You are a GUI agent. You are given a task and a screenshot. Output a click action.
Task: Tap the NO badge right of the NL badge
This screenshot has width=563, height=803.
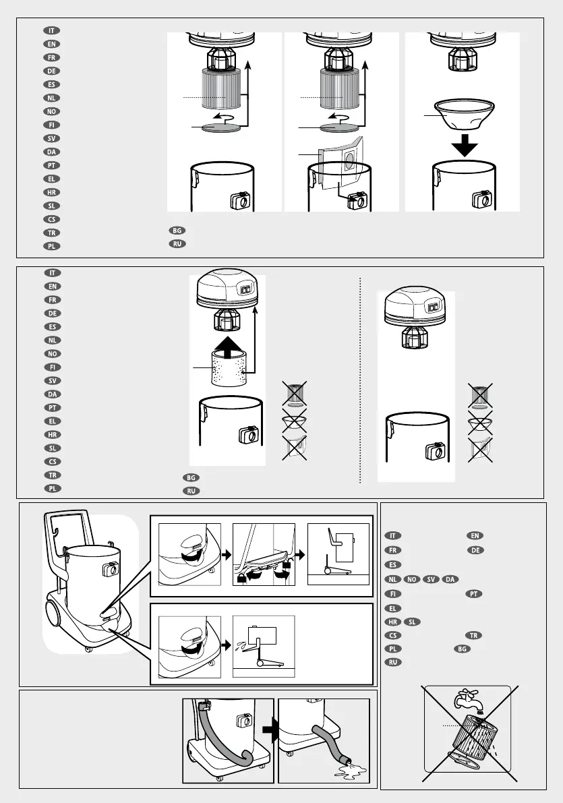click(x=413, y=579)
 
